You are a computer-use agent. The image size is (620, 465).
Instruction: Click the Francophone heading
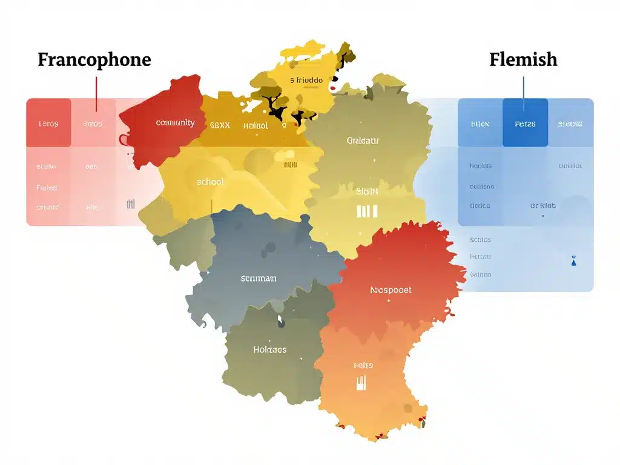pyautogui.click(x=94, y=60)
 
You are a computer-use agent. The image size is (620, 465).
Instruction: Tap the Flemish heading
pyautogui.click(x=523, y=59)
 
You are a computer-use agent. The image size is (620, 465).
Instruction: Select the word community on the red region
pyautogui.click(x=175, y=123)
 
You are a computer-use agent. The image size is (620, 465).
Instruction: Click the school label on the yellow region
pyautogui.click(x=210, y=182)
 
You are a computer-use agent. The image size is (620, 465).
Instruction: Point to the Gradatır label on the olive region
pyautogui.click(x=363, y=140)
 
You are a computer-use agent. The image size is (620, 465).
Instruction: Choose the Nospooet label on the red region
pyautogui.click(x=391, y=290)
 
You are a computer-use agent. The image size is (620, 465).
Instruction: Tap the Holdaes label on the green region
pyautogui.click(x=269, y=349)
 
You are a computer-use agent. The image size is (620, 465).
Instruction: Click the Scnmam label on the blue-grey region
pyautogui.click(x=259, y=279)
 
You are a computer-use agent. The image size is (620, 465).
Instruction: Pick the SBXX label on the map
pyautogui.click(x=220, y=126)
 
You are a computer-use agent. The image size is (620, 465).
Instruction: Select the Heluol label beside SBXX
pyautogui.click(x=255, y=126)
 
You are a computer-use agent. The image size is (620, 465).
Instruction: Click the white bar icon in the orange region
pyautogui.click(x=361, y=383)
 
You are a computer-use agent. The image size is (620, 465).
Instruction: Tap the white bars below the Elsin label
pyautogui.click(x=367, y=211)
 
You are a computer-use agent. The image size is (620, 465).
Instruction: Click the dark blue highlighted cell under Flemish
pyautogui.click(x=525, y=123)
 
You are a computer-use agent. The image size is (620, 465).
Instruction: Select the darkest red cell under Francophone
pyautogui.click(x=48, y=123)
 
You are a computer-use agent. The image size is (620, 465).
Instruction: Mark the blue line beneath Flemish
pyautogui.click(x=524, y=88)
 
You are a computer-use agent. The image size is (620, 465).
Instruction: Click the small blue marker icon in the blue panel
pyautogui.click(x=573, y=262)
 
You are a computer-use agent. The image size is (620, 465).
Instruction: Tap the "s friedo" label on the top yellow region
pyautogui.click(x=306, y=80)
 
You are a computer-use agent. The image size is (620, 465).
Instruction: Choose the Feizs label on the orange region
pyautogui.click(x=363, y=365)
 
